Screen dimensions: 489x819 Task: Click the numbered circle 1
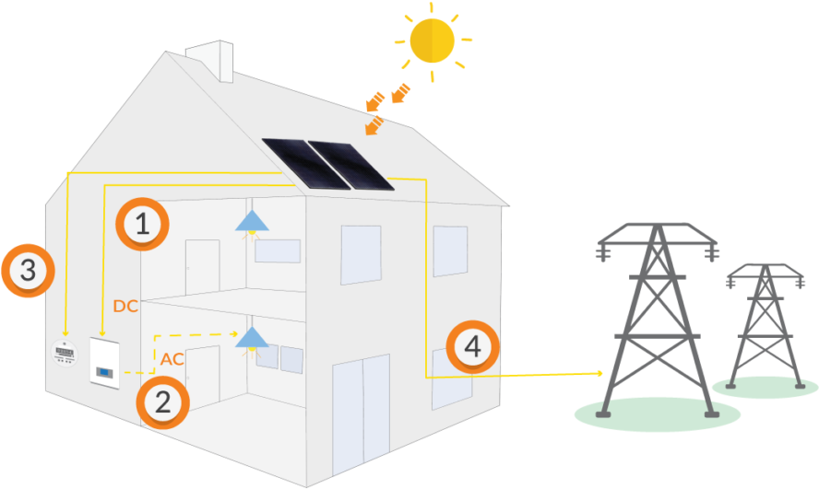(x=142, y=224)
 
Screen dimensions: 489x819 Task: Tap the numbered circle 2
(x=162, y=402)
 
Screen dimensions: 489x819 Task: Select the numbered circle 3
(x=28, y=271)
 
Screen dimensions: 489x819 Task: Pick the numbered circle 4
(x=472, y=348)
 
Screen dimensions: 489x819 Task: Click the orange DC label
(x=125, y=306)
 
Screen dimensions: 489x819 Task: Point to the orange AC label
(x=172, y=359)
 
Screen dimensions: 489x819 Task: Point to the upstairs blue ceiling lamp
(x=250, y=221)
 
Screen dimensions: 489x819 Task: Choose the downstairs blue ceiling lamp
(x=249, y=338)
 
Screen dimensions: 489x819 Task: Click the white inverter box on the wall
(x=105, y=362)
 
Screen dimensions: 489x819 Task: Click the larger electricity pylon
(x=656, y=318)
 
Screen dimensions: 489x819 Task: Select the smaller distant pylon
(x=765, y=322)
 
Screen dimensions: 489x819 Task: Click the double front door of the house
(x=362, y=409)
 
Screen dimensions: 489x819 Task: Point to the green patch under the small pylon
(x=766, y=388)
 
